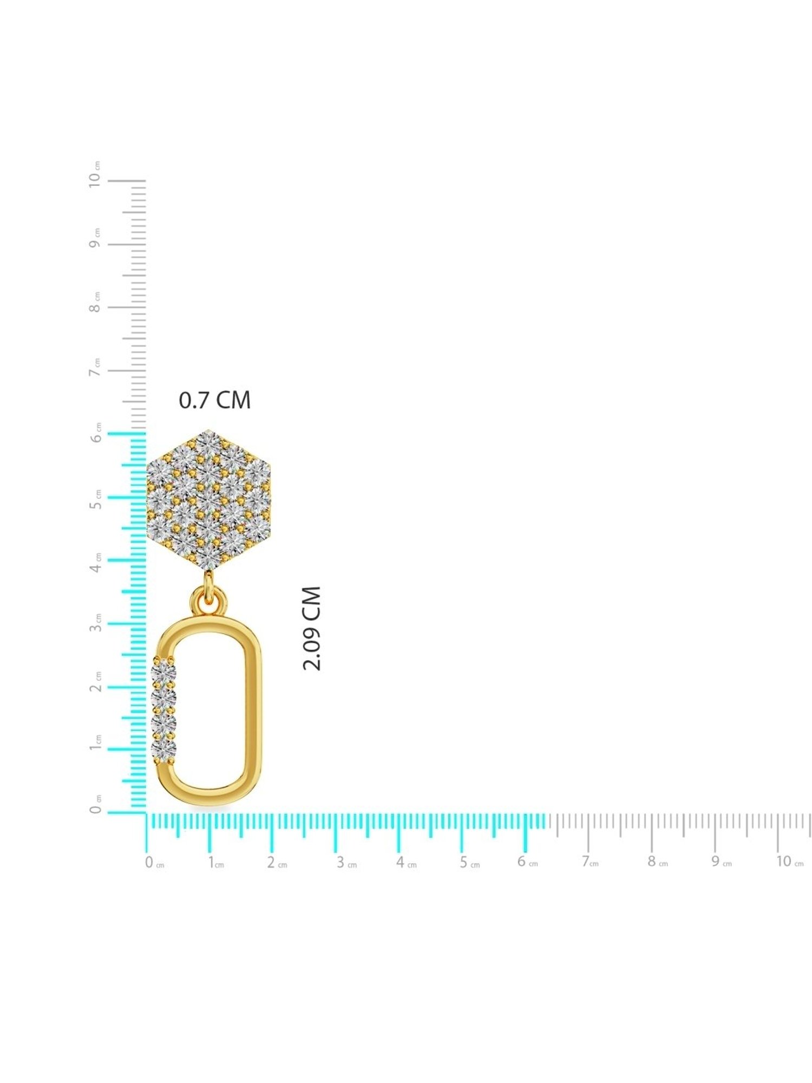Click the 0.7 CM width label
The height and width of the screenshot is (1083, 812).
click(215, 400)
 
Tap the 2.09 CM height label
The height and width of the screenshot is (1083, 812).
click(312, 628)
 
